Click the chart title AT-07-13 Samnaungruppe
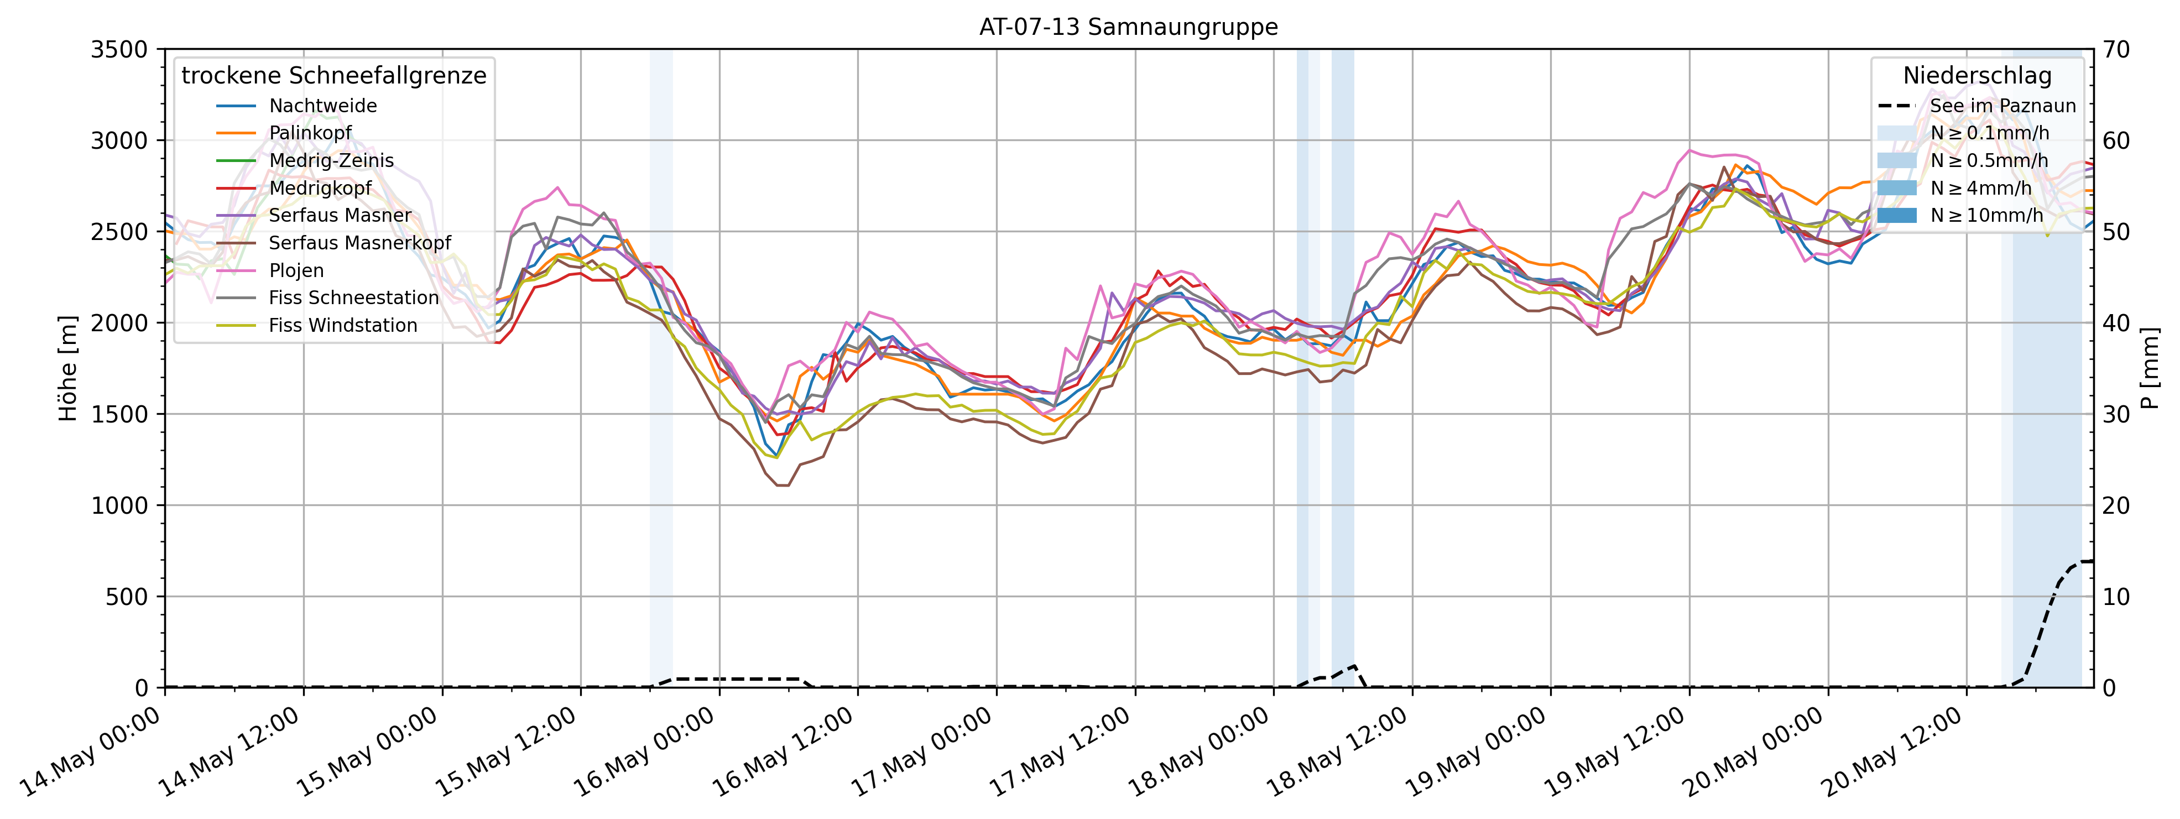(x=1128, y=27)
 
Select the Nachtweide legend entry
(x=322, y=106)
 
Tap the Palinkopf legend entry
(x=310, y=133)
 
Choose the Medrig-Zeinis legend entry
(x=331, y=161)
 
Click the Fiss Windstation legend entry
(x=343, y=326)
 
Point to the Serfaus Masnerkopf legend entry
(x=359, y=243)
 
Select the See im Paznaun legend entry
(x=2002, y=106)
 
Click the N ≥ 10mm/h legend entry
(x=1986, y=216)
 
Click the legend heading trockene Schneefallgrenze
(x=334, y=76)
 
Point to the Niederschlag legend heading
(x=1977, y=76)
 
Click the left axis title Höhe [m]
(x=67, y=368)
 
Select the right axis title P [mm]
(x=2150, y=368)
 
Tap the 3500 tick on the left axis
(x=119, y=50)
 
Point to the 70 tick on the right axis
(x=2116, y=50)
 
